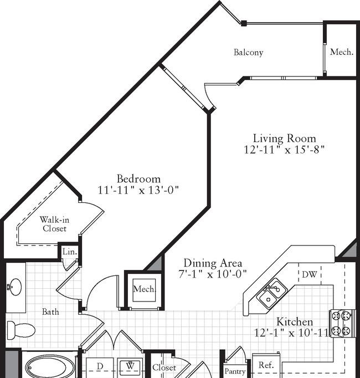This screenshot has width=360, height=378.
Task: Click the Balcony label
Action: [x=248, y=52]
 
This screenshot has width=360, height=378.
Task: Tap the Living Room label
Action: [x=284, y=139]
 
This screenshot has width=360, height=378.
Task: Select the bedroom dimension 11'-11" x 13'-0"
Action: [x=138, y=190]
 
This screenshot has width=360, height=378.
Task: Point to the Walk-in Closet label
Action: [x=54, y=224]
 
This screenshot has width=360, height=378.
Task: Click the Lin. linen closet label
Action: [x=70, y=252]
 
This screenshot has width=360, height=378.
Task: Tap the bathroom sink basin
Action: [x=16, y=287]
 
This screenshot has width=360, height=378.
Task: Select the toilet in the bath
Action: [x=21, y=330]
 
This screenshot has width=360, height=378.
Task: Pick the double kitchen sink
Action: [x=271, y=293]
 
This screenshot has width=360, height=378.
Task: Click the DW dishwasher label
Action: [x=310, y=274]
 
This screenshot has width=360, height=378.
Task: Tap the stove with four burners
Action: [x=343, y=323]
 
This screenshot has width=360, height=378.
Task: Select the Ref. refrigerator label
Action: [x=266, y=365]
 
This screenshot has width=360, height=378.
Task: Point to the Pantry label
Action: [x=235, y=371]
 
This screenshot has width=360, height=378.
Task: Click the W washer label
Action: [x=130, y=366]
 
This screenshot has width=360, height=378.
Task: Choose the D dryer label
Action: [x=100, y=366]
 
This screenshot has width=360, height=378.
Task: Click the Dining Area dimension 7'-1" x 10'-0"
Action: [x=213, y=274]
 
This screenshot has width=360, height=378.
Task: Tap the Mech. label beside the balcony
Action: [x=342, y=52]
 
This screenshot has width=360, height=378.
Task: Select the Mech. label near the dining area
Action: [x=144, y=289]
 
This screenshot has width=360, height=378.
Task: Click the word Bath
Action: [x=50, y=312]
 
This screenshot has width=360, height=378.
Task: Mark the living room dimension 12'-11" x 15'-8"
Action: [x=284, y=150]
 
